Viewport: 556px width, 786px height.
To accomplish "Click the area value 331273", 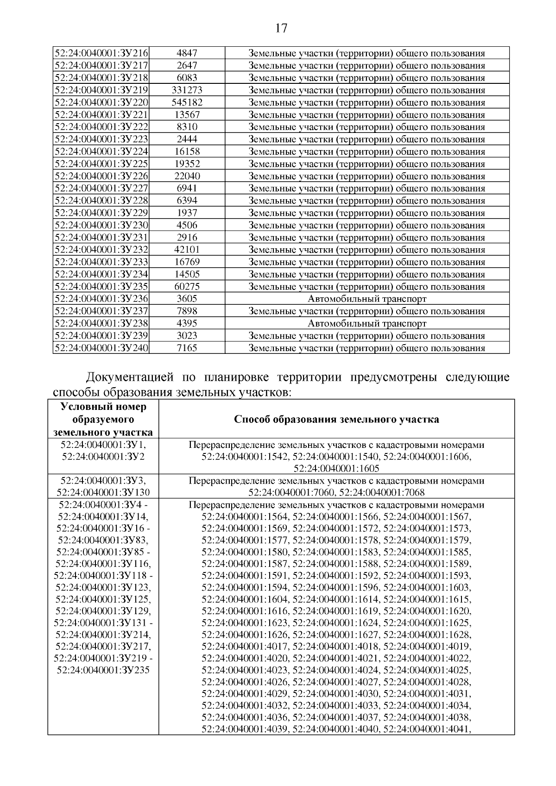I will (187, 90).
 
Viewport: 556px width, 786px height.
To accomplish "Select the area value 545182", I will (187, 102).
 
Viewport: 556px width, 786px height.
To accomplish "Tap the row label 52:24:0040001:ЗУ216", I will (101, 53).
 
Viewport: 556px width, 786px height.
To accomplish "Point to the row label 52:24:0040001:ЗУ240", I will (101, 348).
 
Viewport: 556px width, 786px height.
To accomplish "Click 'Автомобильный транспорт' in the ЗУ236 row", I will (367, 299).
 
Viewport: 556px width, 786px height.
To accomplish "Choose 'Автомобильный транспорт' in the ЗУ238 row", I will (367, 323).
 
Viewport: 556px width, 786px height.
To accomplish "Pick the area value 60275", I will (187, 287).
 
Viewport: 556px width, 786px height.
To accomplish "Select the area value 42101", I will (187, 250).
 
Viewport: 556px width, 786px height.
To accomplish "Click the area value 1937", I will (187, 213).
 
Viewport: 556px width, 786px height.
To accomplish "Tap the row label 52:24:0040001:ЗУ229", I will (101, 213).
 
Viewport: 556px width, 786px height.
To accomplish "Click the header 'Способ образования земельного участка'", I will (336, 420).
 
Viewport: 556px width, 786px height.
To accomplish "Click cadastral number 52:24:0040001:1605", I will (336, 468).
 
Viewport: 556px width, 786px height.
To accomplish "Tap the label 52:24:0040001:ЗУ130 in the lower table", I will (103, 492).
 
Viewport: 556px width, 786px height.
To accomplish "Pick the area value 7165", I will (187, 348).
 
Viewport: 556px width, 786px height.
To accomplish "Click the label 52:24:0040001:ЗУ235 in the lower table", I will (103, 670).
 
